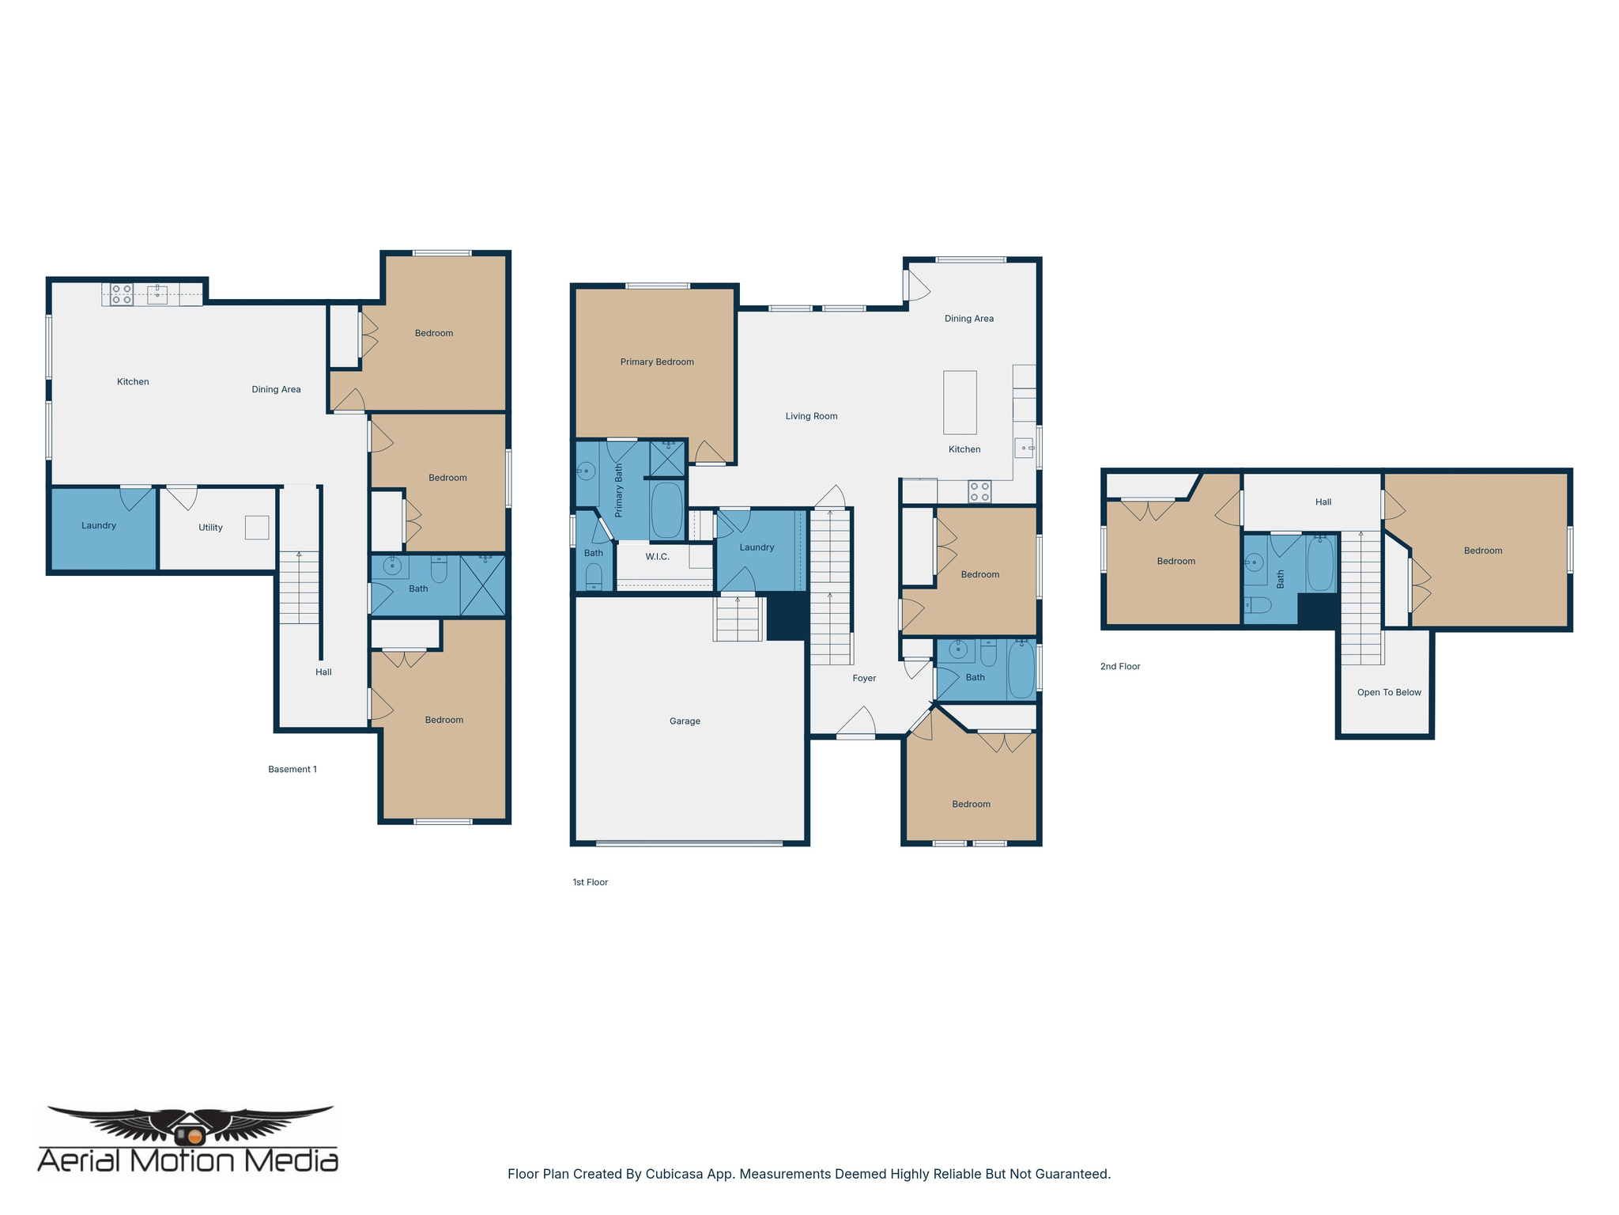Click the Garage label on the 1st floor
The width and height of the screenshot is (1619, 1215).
[685, 721]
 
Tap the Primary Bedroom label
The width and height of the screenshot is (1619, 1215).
[657, 361]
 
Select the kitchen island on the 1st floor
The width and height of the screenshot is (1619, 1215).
[960, 402]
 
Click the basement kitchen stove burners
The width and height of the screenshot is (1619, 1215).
[122, 294]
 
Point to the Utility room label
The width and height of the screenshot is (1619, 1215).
[210, 528]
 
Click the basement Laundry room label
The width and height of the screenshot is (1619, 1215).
[99, 525]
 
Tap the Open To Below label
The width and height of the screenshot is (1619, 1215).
[1389, 692]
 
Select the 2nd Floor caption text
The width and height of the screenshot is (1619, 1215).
[1120, 666]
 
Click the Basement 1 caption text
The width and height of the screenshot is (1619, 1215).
[292, 769]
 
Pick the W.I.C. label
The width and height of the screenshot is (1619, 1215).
[657, 557]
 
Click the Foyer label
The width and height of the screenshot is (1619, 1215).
[864, 678]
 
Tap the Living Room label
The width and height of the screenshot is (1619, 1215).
[811, 416]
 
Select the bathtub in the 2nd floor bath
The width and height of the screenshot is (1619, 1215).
[1320, 564]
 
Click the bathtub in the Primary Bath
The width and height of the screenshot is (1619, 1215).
[666, 510]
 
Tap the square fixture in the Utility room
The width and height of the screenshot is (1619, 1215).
[257, 528]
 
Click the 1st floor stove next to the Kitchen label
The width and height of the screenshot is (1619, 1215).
[979, 491]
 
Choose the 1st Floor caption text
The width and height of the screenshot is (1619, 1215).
[590, 882]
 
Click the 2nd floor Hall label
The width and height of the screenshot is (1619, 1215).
[1323, 502]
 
